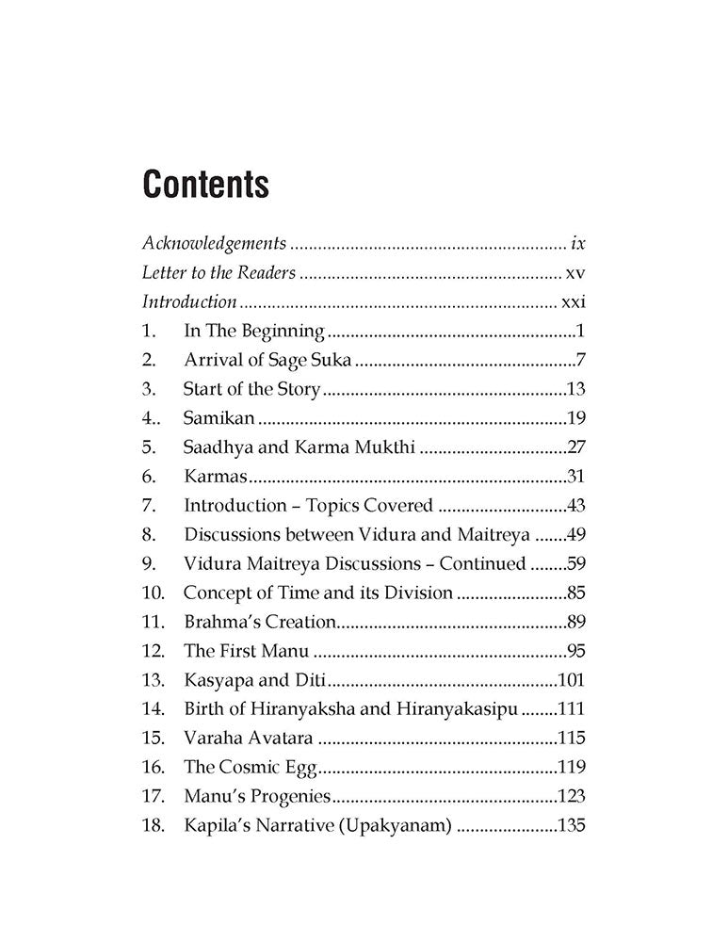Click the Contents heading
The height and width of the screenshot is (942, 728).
click(205, 185)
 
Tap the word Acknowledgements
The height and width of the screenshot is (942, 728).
click(214, 243)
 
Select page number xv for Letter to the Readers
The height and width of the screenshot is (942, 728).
click(576, 273)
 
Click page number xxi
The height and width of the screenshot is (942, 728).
click(573, 302)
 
